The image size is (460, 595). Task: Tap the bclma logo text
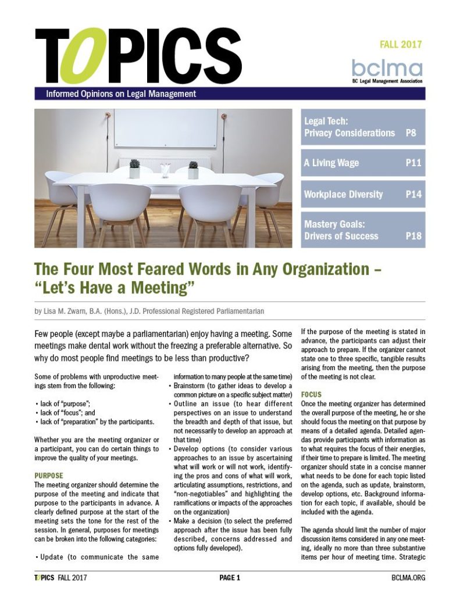tap(387, 66)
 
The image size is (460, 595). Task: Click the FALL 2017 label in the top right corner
tap(401, 44)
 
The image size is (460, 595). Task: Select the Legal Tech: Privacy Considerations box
tap(363, 127)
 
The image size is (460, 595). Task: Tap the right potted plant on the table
tap(193, 169)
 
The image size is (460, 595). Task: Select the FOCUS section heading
tap(311, 395)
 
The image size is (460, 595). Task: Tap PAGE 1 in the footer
tap(230, 578)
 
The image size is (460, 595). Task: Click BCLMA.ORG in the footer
tap(408, 578)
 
